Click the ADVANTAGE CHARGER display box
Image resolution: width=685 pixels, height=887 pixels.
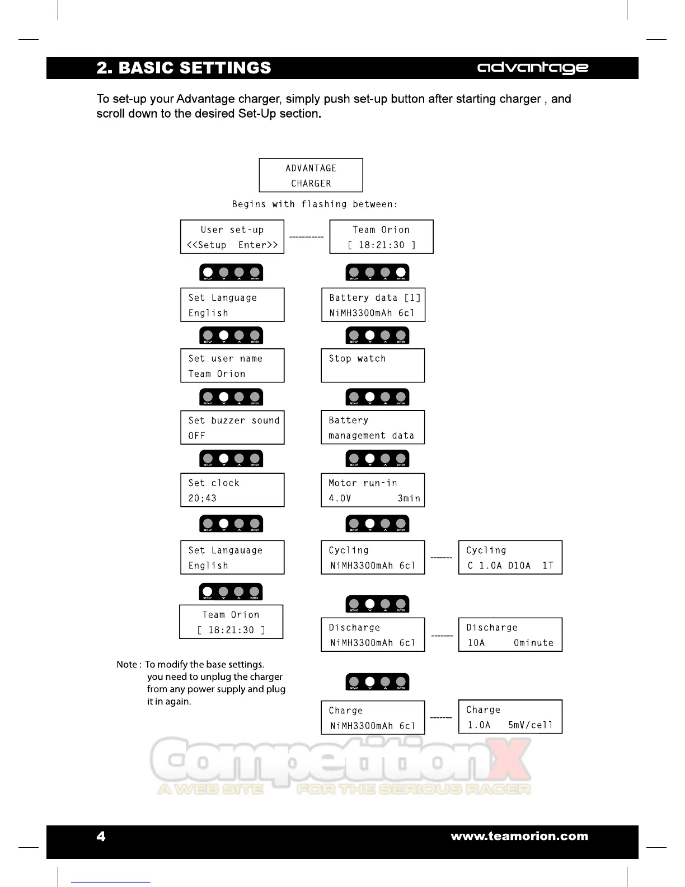311,175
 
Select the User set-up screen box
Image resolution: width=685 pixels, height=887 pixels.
232,237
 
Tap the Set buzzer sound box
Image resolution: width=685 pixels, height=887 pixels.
232,428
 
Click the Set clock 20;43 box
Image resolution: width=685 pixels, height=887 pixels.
232,490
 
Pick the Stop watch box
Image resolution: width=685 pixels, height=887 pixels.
373,366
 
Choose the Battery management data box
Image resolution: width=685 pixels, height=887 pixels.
373,428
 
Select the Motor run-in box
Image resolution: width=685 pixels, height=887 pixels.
373,490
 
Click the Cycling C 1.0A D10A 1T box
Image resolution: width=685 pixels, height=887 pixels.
510,558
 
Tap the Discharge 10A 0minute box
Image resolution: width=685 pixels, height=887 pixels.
510,635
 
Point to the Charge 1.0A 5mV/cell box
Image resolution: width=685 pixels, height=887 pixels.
510,717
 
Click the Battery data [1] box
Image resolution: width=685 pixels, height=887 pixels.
373,305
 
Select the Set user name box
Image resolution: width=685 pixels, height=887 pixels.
232,366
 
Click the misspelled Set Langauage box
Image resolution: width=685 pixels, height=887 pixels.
232,558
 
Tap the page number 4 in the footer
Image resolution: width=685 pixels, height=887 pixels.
101,837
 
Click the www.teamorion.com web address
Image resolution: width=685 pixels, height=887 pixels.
519,837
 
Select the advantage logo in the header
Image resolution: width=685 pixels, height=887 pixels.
532,68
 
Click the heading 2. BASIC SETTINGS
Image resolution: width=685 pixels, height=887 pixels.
184,68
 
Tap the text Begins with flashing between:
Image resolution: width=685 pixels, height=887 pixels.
315,204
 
